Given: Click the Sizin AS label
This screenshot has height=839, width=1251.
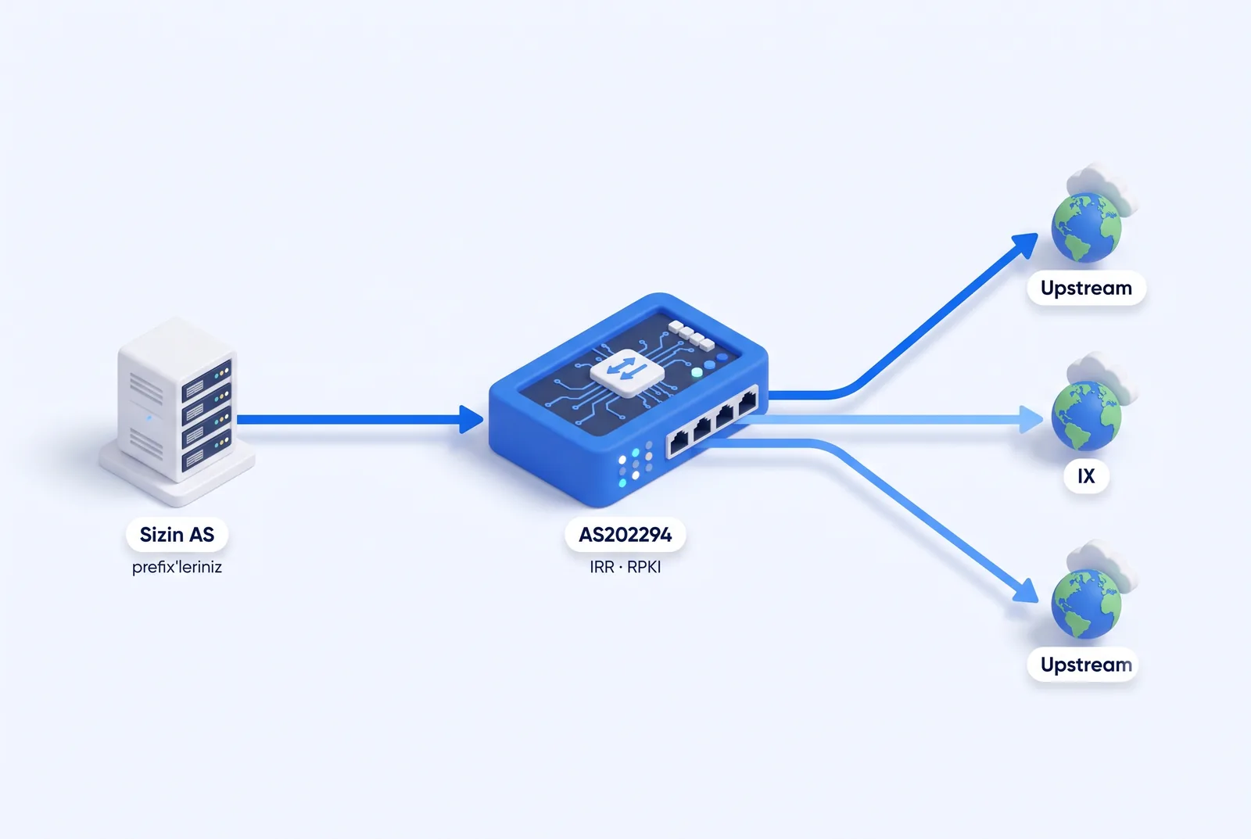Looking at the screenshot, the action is pyautogui.click(x=177, y=535).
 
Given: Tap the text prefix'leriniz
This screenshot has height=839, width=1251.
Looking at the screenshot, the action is pyautogui.click(x=177, y=568).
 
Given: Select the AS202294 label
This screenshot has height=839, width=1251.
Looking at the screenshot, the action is pyautogui.click(x=625, y=535).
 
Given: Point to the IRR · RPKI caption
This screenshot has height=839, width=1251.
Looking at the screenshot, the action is pyautogui.click(x=625, y=568).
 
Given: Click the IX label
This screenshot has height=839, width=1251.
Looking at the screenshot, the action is pyautogui.click(x=1086, y=476).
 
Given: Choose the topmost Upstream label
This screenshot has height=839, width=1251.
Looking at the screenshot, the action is pyautogui.click(x=1086, y=288).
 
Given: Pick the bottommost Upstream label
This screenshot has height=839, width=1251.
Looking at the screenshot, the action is pyautogui.click(x=1084, y=665).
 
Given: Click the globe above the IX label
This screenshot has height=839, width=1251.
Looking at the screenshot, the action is pyautogui.click(x=1086, y=416).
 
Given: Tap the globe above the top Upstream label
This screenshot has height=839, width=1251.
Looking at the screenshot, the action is pyautogui.click(x=1086, y=228).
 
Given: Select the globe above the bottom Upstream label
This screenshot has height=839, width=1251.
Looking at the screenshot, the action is pyautogui.click(x=1086, y=604).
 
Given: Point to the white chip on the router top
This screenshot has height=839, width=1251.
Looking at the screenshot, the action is pyautogui.click(x=627, y=373).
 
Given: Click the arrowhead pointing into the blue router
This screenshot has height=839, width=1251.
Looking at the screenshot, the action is pyautogui.click(x=471, y=419).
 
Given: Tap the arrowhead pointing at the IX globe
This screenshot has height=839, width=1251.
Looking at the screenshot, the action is pyautogui.click(x=1031, y=419).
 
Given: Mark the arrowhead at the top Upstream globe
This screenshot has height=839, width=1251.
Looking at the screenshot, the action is pyautogui.click(x=1027, y=245).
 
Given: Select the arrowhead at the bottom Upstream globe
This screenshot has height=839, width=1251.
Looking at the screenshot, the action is pyautogui.click(x=1027, y=592).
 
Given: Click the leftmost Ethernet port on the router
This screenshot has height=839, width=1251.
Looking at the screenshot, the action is pyautogui.click(x=679, y=443).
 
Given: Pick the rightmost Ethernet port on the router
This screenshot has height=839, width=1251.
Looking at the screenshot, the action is pyautogui.click(x=747, y=403).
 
